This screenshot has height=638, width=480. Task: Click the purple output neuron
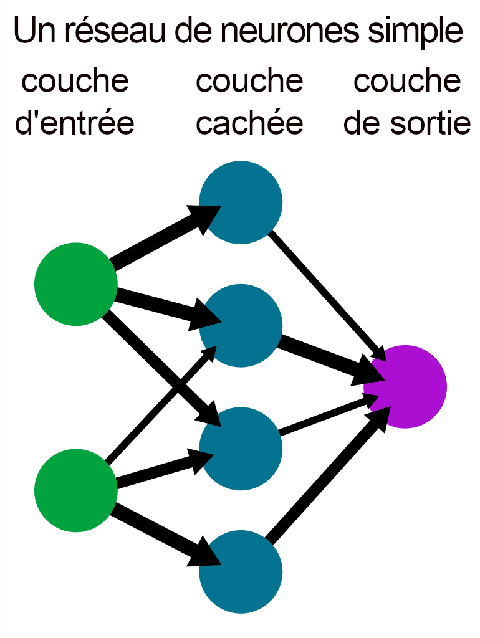[406, 386]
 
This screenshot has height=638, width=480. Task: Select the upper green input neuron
[75, 284]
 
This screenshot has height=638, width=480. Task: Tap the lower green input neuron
[75, 490]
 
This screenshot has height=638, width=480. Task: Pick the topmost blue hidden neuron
[241, 202]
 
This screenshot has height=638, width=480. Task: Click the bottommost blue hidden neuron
[241, 571]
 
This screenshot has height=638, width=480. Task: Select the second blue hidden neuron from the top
[241, 325]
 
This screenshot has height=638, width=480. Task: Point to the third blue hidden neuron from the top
[241, 449]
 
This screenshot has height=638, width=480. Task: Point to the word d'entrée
[74, 123]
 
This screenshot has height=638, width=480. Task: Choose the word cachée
[249, 123]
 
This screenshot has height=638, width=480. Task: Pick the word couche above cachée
[249, 81]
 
